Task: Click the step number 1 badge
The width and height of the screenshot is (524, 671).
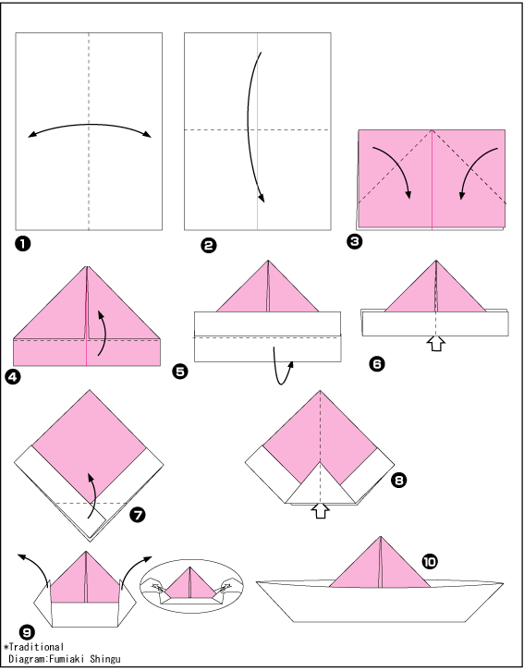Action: [22, 244]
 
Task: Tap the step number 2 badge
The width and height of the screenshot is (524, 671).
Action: [209, 246]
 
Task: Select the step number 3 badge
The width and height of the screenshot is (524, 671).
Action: [355, 242]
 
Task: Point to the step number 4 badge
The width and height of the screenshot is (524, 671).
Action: [12, 377]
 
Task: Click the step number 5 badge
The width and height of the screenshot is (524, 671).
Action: [180, 371]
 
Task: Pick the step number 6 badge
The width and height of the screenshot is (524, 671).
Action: [377, 364]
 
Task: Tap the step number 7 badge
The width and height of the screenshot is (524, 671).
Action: [138, 515]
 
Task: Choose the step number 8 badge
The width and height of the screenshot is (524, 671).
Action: [398, 480]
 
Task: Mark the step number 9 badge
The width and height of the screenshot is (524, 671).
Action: [27, 632]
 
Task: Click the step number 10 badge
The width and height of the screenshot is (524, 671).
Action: [430, 561]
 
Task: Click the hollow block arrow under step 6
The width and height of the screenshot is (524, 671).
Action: [436, 344]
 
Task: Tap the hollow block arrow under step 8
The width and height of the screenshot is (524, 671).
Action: [321, 510]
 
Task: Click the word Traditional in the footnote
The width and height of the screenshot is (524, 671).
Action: [36, 647]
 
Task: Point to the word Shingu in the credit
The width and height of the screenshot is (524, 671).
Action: [105, 659]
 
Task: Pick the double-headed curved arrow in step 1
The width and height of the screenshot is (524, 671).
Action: [90, 125]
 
